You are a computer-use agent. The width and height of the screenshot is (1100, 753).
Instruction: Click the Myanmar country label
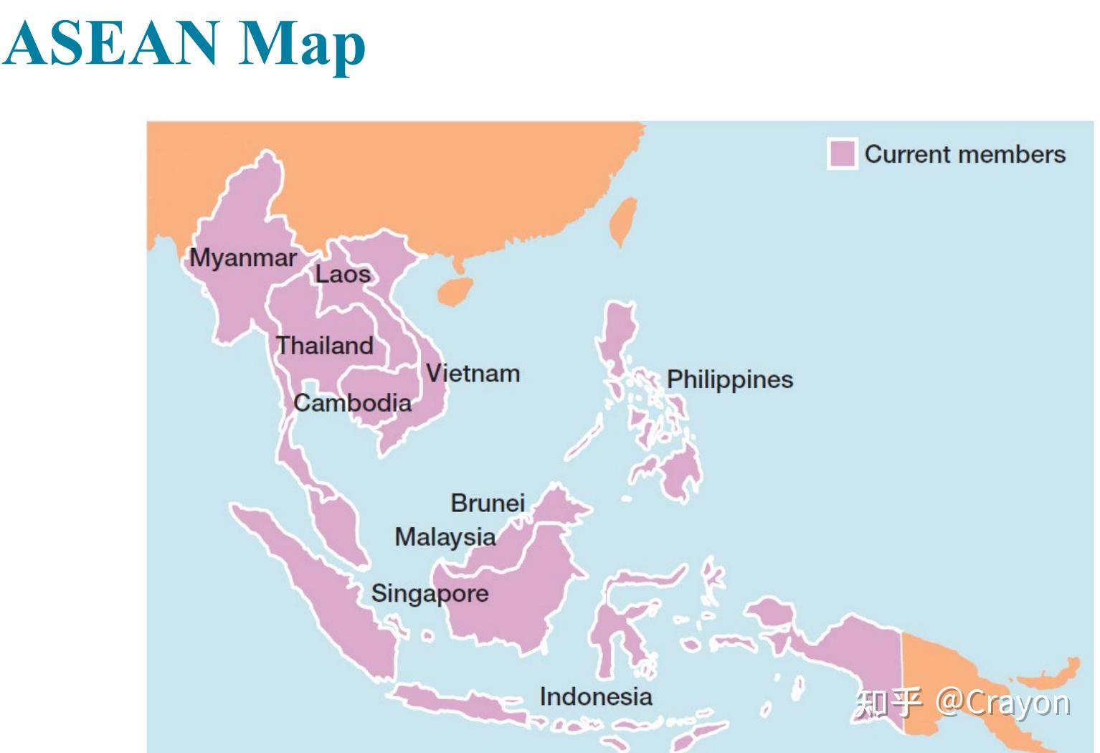242,258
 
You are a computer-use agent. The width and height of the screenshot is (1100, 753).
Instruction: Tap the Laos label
343,274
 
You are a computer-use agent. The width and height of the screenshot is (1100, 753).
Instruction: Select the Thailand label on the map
325,346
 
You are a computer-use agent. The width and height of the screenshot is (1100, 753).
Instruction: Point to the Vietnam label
473,374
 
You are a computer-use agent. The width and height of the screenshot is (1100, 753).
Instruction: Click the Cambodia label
352,403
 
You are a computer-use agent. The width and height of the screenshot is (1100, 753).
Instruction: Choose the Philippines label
729,379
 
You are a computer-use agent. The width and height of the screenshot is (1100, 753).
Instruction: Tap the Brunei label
488,503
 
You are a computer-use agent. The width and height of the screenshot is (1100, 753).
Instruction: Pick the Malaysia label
445,536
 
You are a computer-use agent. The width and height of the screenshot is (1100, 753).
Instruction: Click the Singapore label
430,593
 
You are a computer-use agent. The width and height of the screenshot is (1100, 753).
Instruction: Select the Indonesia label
595,696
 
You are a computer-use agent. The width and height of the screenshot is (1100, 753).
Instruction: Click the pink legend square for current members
841,153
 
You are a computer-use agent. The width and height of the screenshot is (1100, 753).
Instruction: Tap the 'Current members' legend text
964,154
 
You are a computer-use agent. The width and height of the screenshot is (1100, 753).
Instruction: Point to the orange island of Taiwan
622,221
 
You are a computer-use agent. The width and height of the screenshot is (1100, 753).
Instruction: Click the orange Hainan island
455,290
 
